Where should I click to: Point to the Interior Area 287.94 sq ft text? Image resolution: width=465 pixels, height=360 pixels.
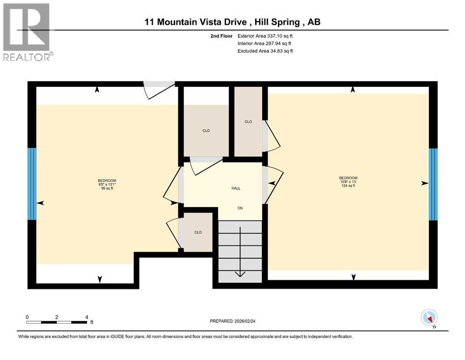click(265, 43)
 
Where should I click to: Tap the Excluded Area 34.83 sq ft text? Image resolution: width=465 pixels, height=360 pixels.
click(265, 51)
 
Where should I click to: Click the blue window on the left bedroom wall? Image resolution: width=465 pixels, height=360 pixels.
click(32, 184)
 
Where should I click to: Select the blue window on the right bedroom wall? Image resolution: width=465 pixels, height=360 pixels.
click(433, 184)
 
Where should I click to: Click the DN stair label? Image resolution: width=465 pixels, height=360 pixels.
click(240, 208)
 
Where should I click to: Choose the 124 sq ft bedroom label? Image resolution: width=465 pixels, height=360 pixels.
click(348, 181)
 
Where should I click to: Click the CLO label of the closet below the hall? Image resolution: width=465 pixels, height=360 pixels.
click(198, 232)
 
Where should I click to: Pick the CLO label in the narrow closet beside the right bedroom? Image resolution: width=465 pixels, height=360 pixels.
click(248, 122)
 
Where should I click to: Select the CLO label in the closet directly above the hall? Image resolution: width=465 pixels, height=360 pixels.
click(206, 131)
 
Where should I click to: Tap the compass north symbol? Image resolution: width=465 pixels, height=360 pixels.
click(429, 318)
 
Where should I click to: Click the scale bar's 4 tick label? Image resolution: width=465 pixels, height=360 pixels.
click(87, 317)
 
